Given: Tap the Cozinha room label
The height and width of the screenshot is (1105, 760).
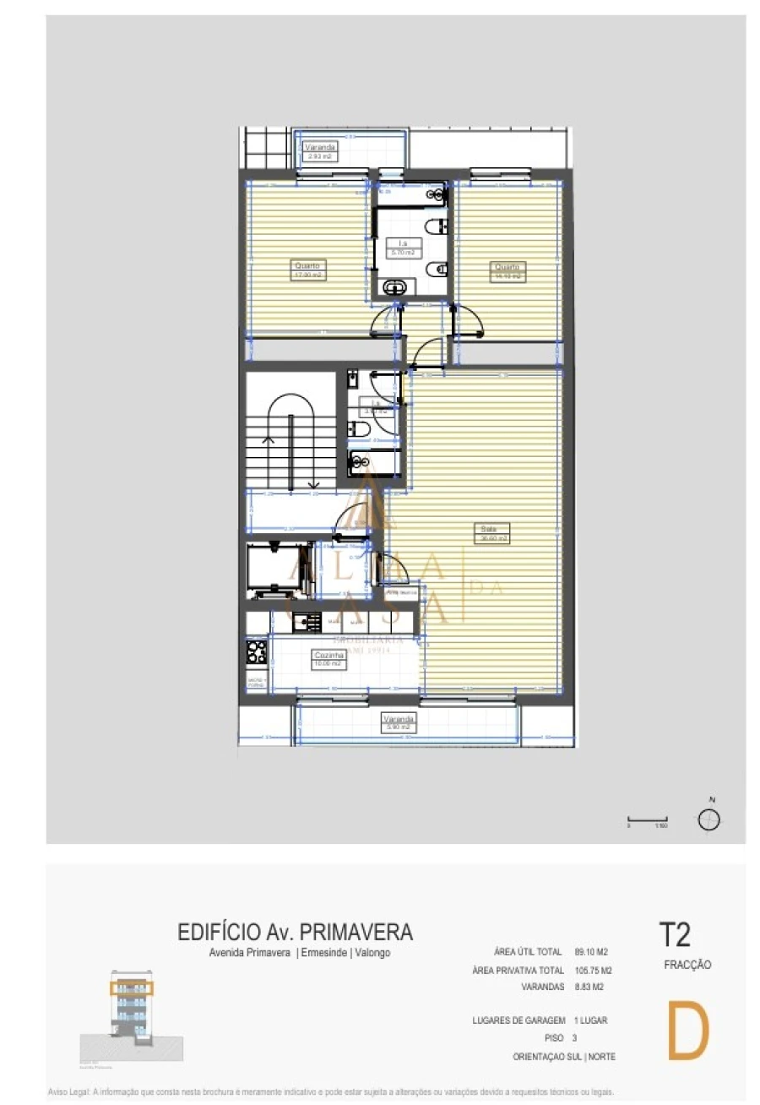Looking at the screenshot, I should tap(327, 659).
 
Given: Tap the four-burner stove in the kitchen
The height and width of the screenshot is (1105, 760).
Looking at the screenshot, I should tap(257, 651).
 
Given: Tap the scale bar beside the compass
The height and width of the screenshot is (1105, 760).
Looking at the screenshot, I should tap(648, 819).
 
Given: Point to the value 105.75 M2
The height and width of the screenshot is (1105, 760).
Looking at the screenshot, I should tap(593, 971).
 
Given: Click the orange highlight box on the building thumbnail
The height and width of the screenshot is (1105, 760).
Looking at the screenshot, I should tap(131, 987).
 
